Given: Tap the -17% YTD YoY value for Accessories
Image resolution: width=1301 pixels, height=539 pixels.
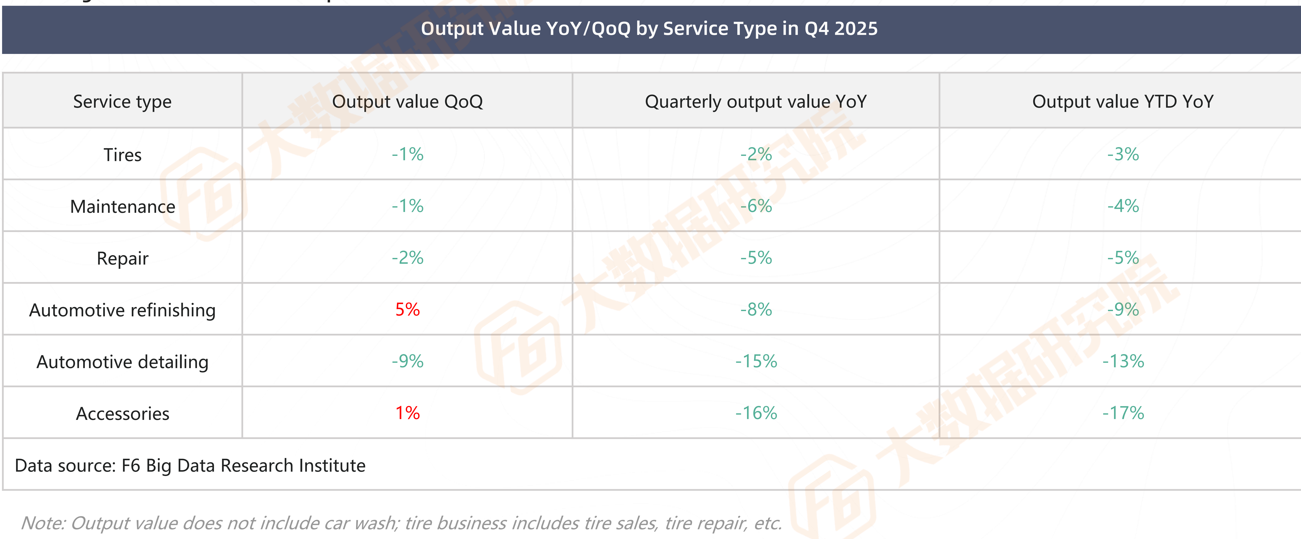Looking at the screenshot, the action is point(1123,413).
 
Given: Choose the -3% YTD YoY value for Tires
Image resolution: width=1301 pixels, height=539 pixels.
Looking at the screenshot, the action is point(1123,154).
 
